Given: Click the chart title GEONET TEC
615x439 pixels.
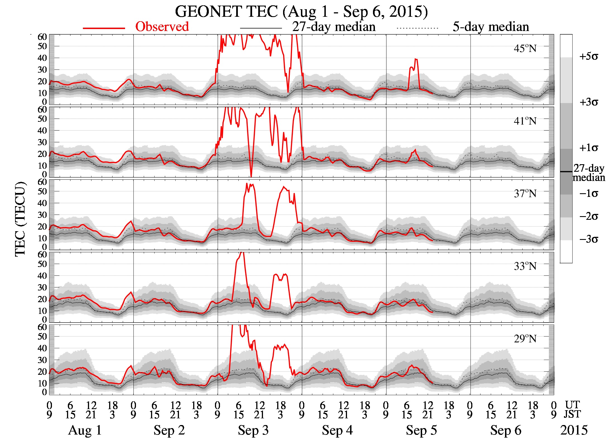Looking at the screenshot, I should click(x=301, y=12).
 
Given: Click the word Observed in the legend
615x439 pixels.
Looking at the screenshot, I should click(x=162, y=27).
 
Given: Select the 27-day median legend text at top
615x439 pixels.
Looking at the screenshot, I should click(x=334, y=27).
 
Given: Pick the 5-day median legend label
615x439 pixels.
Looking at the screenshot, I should click(x=490, y=27).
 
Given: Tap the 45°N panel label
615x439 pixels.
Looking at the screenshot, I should click(x=525, y=49).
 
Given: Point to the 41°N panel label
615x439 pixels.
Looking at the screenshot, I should click(x=525, y=121).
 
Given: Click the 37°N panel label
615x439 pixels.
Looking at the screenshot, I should click(x=525, y=194).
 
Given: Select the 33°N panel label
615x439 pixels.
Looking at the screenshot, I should click(x=525, y=266).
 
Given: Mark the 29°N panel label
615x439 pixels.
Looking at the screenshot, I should click(x=525, y=339).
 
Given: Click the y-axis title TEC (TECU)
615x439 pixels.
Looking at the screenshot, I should click(x=20, y=219).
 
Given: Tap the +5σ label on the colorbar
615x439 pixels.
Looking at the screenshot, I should click(x=588, y=57).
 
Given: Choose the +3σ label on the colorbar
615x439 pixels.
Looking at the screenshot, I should click(x=588, y=102).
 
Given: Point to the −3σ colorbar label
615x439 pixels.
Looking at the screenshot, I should click(x=588, y=239).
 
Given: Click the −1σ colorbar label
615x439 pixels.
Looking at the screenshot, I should click(x=588, y=194).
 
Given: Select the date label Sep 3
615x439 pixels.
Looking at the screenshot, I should click(x=253, y=430).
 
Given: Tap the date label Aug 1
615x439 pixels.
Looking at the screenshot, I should click(x=85, y=430).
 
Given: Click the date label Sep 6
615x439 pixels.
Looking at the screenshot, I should click(x=506, y=430).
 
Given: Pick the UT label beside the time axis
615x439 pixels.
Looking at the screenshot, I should click(x=573, y=405).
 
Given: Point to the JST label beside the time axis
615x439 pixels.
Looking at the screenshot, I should click(x=573, y=414).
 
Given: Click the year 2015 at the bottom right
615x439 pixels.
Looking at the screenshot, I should click(x=574, y=430).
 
